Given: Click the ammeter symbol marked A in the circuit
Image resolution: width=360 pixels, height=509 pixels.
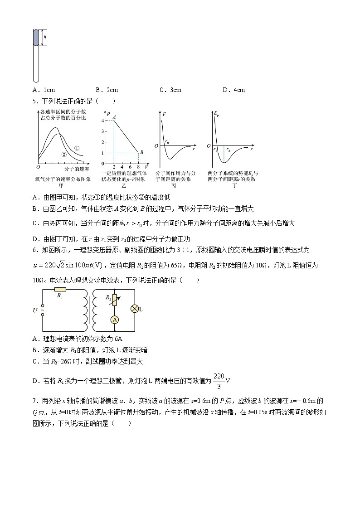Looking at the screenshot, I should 115,320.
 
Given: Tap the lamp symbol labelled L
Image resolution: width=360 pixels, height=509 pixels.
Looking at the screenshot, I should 134,309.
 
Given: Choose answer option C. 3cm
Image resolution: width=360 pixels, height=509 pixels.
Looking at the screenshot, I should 170,90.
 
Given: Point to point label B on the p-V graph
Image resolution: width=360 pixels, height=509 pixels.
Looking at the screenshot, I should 141,152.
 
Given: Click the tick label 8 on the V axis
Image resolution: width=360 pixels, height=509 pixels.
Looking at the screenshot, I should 138,167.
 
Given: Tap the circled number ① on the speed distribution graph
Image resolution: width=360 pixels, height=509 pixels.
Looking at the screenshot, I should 77,148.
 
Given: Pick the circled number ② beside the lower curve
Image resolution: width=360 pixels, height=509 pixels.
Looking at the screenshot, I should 64,155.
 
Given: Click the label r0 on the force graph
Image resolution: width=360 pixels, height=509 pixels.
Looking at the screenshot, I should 167,142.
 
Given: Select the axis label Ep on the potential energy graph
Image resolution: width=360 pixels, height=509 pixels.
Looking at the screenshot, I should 216,114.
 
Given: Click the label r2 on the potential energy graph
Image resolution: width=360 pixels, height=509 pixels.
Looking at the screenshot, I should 228,149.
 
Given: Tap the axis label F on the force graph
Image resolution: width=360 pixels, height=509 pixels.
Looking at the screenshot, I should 164,114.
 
